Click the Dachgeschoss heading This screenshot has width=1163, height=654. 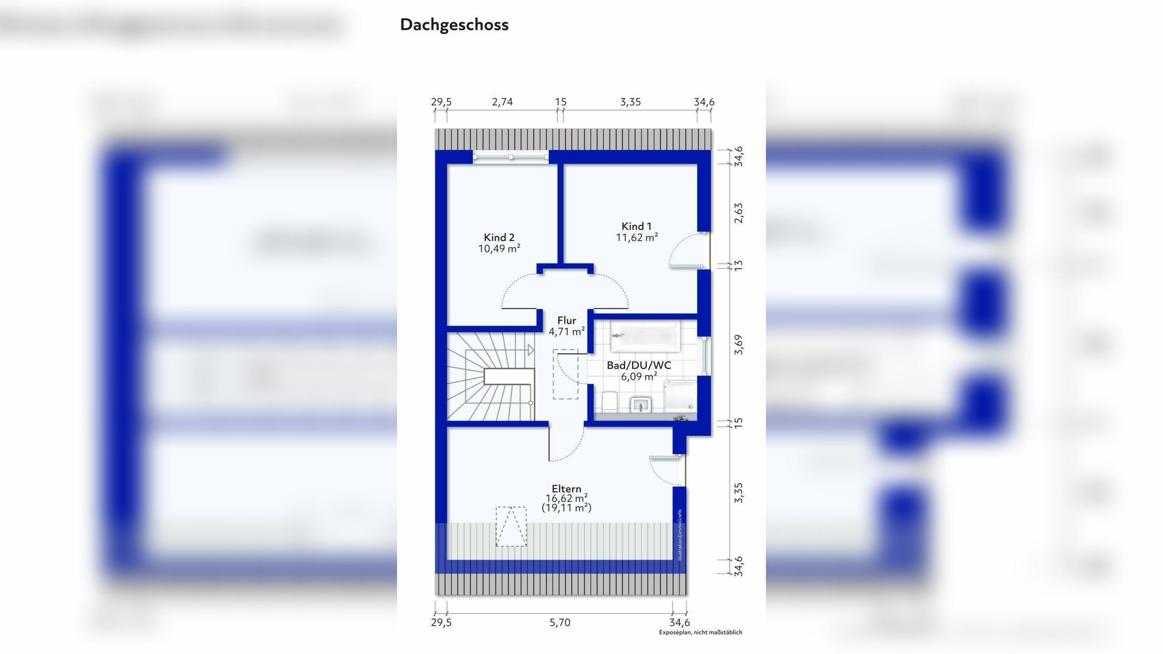click(x=454, y=25)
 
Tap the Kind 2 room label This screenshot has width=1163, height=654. click(x=499, y=237)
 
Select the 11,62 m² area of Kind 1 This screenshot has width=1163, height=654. click(x=637, y=237)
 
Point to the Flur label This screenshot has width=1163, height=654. click(x=567, y=320)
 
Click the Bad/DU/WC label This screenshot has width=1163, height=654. click(x=639, y=365)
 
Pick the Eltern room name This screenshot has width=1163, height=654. click(x=567, y=489)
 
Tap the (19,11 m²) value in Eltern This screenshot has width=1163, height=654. click(x=567, y=508)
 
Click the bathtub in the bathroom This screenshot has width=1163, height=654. click(x=645, y=336)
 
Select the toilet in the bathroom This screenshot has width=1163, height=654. click(x=609, y=402)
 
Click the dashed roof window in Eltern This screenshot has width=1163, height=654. click(x=511, y=526)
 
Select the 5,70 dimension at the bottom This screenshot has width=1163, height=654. click(x=560, y=622)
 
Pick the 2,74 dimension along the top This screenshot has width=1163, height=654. click(x=502, y=102)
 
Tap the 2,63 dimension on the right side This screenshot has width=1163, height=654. click(x=739, y=213)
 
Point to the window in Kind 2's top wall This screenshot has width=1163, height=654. click(x=511, y=157)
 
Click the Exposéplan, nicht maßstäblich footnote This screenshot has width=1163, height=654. click(x=701, y=632)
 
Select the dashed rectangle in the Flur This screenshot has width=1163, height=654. click(x=566, y=374)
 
